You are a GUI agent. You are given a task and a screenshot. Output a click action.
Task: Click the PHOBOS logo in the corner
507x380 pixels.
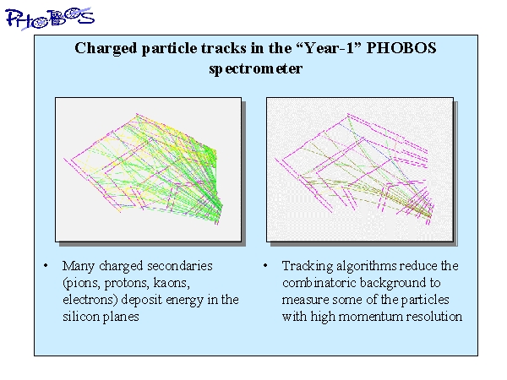point(50,19)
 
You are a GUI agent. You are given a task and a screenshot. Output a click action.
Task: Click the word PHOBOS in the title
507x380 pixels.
point(401,48)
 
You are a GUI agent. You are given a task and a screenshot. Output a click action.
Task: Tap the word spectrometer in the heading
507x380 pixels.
point(255,69)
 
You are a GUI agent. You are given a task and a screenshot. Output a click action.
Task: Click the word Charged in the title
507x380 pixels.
point(106,49)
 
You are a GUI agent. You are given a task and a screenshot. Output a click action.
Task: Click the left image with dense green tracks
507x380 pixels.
point(149,170)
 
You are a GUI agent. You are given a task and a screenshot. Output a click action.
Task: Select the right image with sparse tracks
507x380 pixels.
point(360,170)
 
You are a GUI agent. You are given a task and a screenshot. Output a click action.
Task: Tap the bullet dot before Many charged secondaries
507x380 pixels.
point(46,266)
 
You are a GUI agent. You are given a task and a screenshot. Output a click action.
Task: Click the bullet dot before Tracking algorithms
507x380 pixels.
point(265,266)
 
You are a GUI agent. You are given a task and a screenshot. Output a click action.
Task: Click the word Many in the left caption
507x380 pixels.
point(79,266)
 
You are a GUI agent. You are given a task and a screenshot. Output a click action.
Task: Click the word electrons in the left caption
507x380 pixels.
point(90,300)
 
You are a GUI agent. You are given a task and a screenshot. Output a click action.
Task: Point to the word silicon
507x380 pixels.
point(81,317)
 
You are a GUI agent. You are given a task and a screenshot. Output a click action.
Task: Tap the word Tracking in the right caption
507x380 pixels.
point(308,266)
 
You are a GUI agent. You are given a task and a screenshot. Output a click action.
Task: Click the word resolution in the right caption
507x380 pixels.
point(434,317)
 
